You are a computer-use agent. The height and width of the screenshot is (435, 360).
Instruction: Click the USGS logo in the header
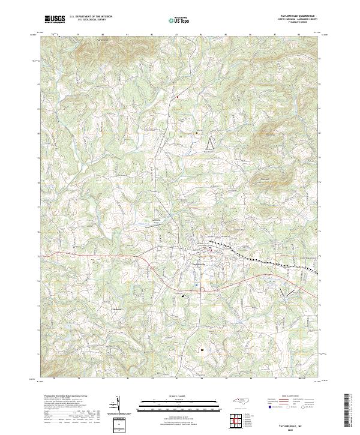tap(55, 19)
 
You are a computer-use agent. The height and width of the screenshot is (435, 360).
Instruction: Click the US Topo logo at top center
tap(176, 20)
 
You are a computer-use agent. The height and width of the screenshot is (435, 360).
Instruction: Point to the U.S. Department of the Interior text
tap(91, 17)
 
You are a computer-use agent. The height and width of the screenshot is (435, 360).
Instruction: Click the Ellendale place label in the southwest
tap(116, 310)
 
